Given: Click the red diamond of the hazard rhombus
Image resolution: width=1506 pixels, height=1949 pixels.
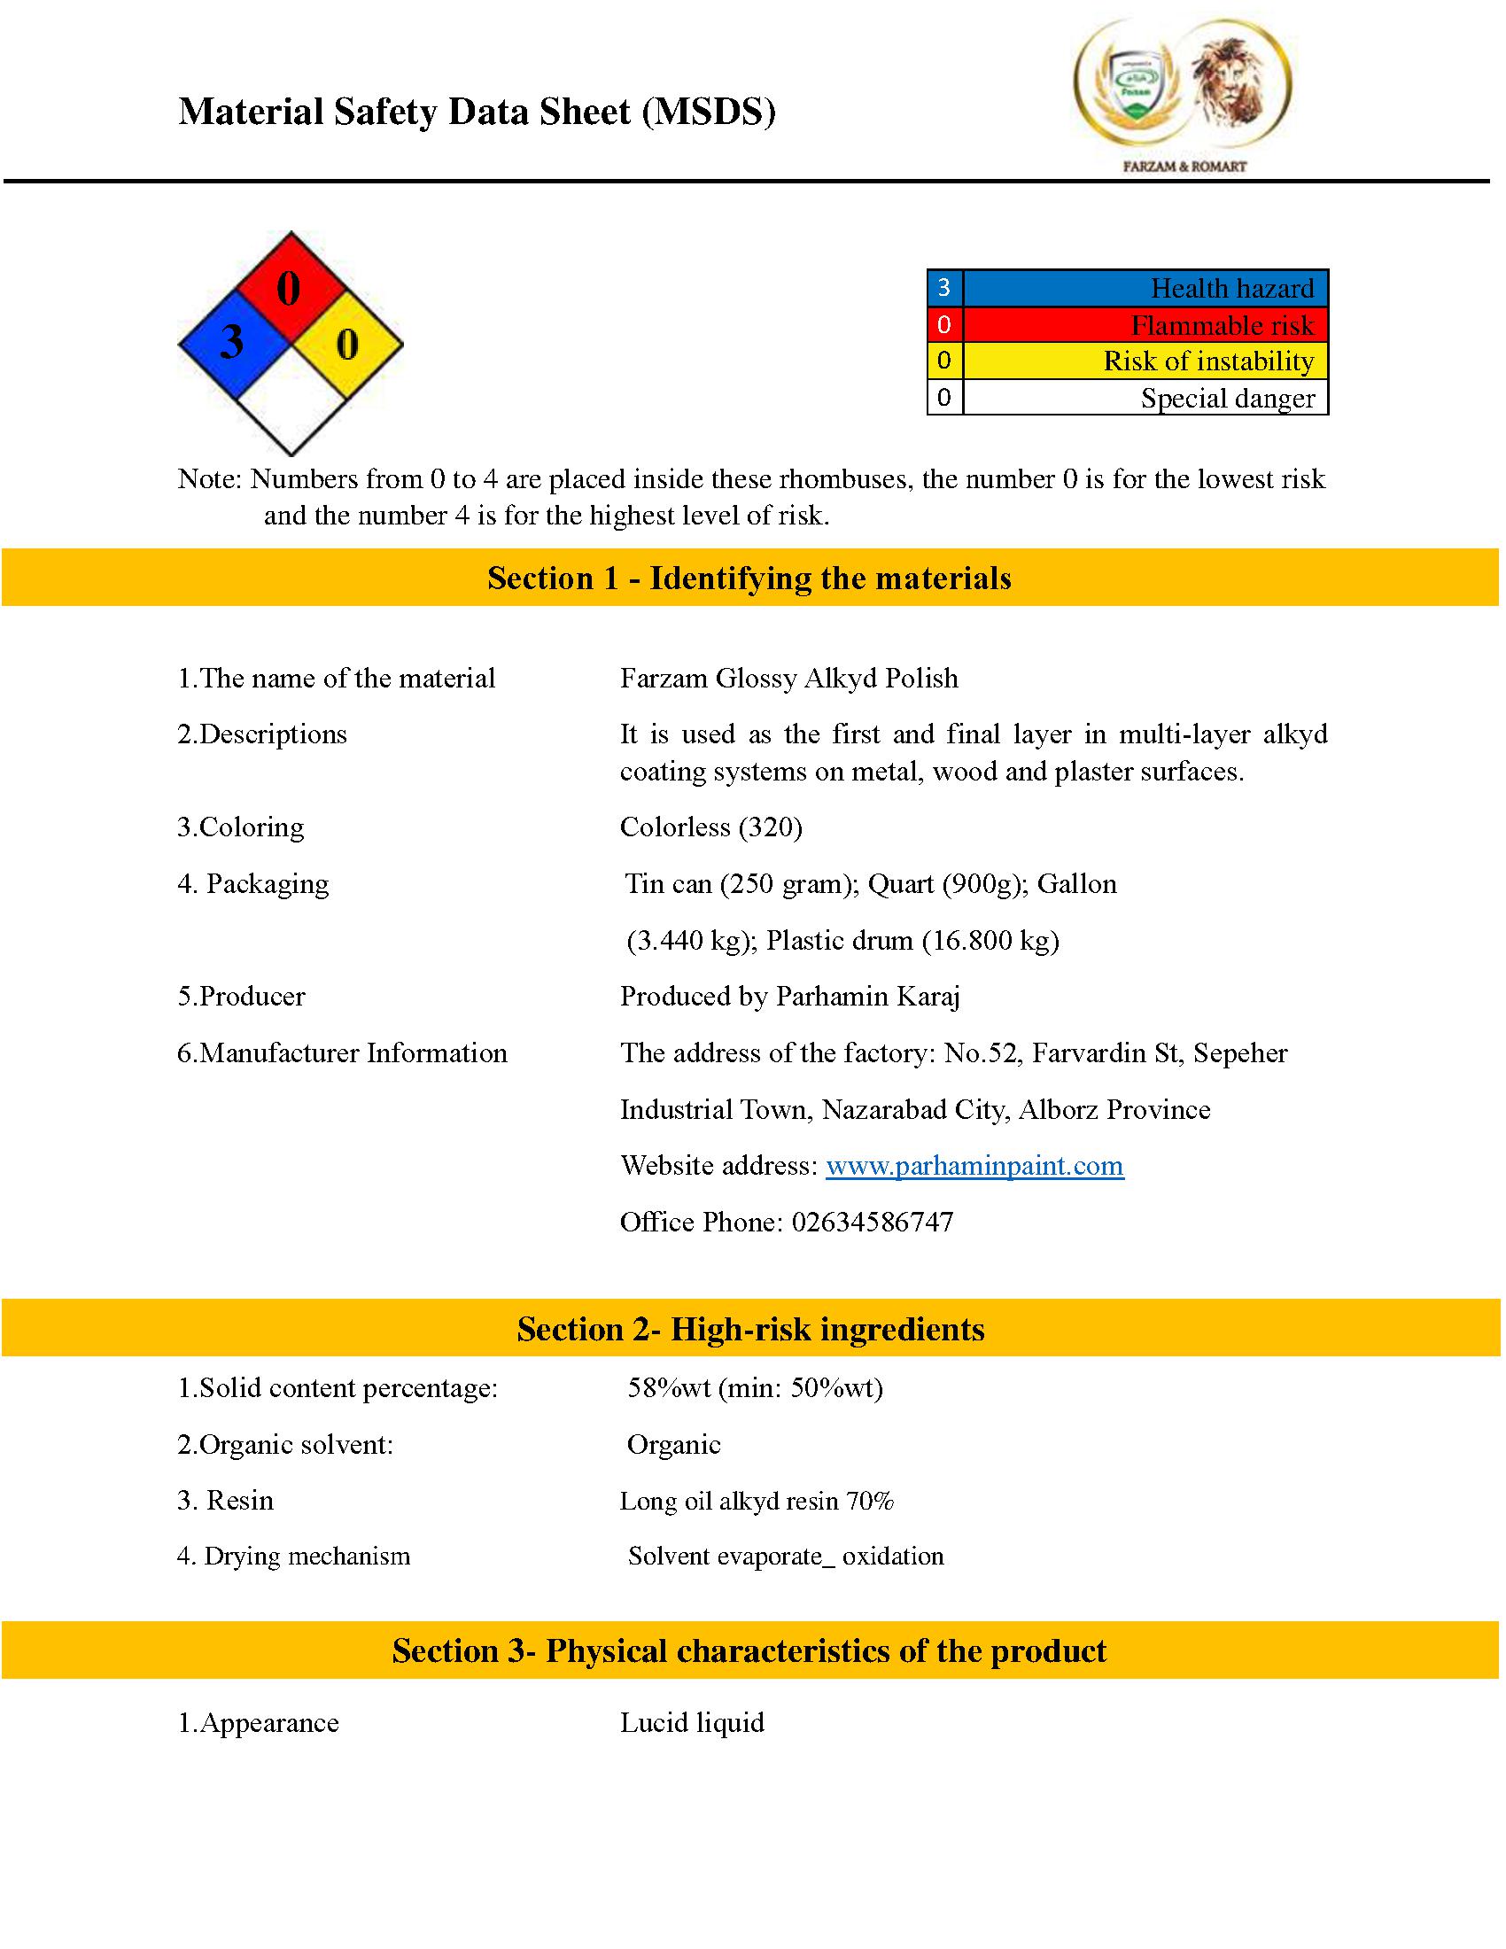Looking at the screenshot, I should coord(290,286).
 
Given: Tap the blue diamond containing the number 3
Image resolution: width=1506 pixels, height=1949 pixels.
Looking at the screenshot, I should coord(233,344).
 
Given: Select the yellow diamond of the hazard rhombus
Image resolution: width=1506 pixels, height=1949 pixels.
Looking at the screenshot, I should coord(348,344).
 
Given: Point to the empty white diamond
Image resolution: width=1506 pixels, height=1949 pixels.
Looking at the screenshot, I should coord(291,400).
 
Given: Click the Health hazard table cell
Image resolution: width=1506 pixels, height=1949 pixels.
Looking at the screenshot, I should coord(1145,288).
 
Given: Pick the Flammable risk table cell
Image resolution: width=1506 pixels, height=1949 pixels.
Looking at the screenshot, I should coord(1145,325).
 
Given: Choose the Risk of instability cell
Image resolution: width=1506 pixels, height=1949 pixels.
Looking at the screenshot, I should coord(1145,361).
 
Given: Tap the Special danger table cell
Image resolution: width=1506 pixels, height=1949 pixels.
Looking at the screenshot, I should coord(1145,398).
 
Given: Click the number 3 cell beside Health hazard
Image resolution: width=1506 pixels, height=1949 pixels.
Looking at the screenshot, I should coord(945,288).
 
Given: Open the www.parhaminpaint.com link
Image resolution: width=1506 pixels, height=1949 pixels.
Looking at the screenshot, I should coord(974,1166).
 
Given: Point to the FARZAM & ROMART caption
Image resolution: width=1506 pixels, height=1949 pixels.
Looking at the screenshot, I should coord(1184,166).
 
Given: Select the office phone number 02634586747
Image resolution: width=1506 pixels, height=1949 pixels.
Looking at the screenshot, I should coord(873,1222).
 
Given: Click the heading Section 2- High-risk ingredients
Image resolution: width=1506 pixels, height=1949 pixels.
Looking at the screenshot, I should coord(750,1329).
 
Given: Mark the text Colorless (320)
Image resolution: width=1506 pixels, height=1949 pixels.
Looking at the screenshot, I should coord(711,827).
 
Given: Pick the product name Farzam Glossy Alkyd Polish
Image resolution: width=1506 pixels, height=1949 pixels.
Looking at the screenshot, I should coord(788,679).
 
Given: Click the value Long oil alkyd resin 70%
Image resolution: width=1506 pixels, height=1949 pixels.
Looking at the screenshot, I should coord(757,1501).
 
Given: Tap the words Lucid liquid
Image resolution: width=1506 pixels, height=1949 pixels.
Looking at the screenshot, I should coord(692,1722).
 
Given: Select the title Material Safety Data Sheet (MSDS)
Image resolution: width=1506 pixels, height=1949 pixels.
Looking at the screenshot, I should coord(477,113).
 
